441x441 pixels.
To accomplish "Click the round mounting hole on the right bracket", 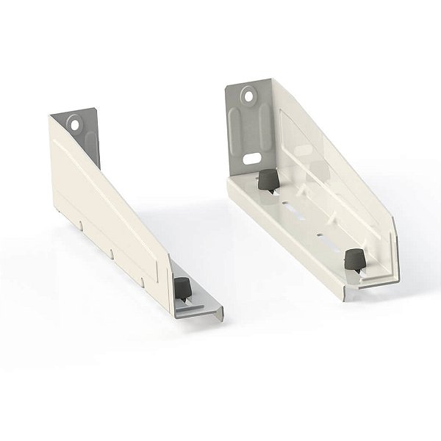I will click(251, 94).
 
